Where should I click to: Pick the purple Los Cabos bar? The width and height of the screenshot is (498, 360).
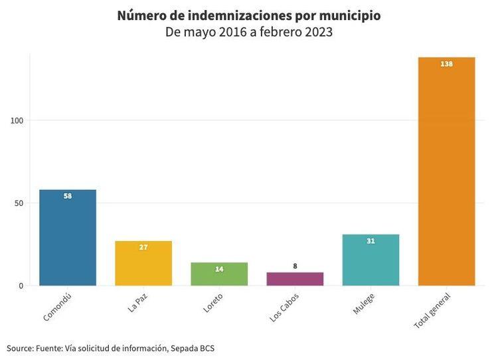point(295,279)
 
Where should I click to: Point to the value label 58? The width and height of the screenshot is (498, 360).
point(68,196)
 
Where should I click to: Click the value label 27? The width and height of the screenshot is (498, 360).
point(143,247)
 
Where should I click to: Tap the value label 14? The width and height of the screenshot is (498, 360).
point(219,269)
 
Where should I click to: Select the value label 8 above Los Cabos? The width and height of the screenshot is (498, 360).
point(295,266)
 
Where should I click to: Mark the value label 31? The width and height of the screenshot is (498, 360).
point(371,240)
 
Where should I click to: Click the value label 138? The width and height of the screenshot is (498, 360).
point(446,64)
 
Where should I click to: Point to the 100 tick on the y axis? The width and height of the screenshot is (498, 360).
point(17,120)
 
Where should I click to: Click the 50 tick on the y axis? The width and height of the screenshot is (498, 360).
point(19,203)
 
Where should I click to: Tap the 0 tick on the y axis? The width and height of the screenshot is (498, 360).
point(21,286)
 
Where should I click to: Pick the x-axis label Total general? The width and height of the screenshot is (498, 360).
point(432,311)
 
